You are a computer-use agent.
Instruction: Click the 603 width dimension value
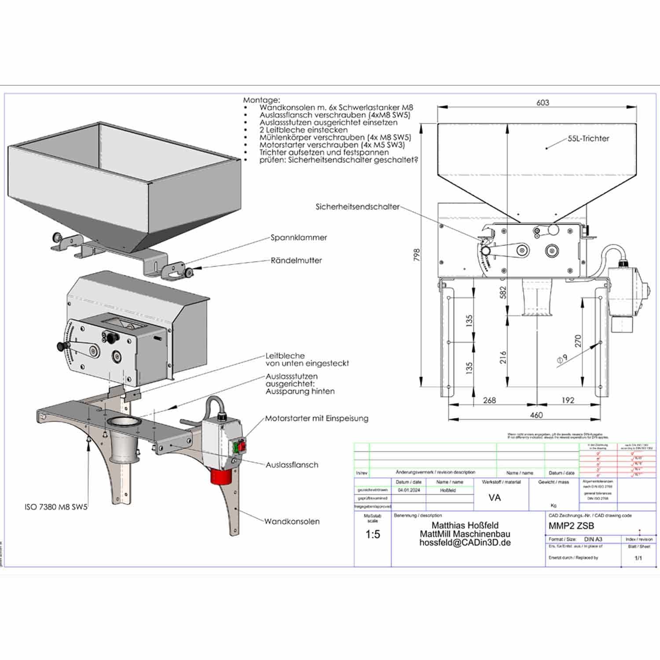[x=543, y=103]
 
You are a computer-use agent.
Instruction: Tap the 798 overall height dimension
[x=417, y=255]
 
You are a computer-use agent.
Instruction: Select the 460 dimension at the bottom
[x=536, y=415]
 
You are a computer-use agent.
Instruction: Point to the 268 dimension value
[x=489, y=400]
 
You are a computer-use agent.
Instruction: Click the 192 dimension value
[x=568, y=400]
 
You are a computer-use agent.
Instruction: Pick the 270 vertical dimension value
[x=578, y=341]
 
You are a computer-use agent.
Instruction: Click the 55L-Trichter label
[x=588, y=139]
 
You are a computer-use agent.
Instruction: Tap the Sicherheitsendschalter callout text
[x=357, y=206]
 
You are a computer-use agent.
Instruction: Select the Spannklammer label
[x=299, y=238]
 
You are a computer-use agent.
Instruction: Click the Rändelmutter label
[x=296, y=260]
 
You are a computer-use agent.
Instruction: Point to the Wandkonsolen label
[x=292, y=521]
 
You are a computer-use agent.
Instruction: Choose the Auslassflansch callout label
[x=292, y=465]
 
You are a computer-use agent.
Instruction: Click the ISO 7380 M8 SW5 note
[x=56, y=507]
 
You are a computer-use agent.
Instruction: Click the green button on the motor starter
[x=236, y=447]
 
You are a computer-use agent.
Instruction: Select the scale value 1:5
[x=373, y=535]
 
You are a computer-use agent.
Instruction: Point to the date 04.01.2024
[x=409, y=490]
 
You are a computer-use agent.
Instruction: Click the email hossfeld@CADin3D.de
[x=465, y=543]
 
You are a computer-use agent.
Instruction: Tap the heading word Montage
[x=261, y=100]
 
